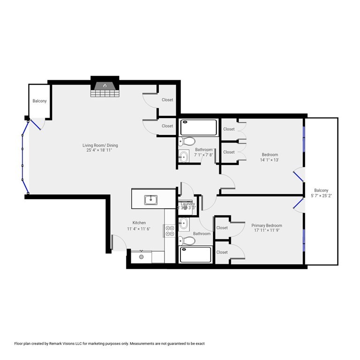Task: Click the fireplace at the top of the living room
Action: [105, 87]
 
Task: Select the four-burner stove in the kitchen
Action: [170, 231]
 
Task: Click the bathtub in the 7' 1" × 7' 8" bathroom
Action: [199, 127]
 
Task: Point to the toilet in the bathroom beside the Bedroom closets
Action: [189, 141]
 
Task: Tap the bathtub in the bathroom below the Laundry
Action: [199, 255]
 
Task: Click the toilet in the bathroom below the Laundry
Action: [188, 241]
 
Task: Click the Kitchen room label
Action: [139, 223]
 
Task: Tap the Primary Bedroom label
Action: [266, 225]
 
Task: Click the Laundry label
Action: [187, 204]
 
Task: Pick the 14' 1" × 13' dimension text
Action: [270, 160]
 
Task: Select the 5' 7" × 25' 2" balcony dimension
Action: [321, 196]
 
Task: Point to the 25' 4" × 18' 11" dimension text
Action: [99, 151]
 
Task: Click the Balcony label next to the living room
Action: [39, 101]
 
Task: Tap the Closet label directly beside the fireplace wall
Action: [167, 100]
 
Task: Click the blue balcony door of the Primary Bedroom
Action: [297, 203]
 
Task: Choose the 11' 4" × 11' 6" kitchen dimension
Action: [139, 229]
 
